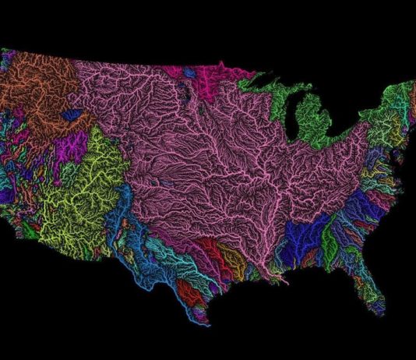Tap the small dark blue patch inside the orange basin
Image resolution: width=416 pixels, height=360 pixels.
(x=73, y=115)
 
